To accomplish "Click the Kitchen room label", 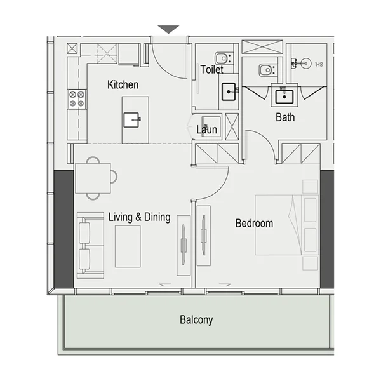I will pos(123,84).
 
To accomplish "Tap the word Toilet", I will pos(211,70).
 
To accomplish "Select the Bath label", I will pos(285,117).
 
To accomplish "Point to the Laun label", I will pos(206,130).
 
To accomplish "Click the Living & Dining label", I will pos(139,217).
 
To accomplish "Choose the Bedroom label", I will pos(254,223).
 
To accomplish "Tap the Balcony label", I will pos(196,319).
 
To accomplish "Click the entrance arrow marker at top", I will pos(168,30).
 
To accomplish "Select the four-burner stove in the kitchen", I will pos(77,98).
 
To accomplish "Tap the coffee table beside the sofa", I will pos(127,246).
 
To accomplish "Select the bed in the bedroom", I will pos(279,224).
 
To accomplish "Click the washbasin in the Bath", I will pos(283,97).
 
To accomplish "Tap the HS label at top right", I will pos(319,63).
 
